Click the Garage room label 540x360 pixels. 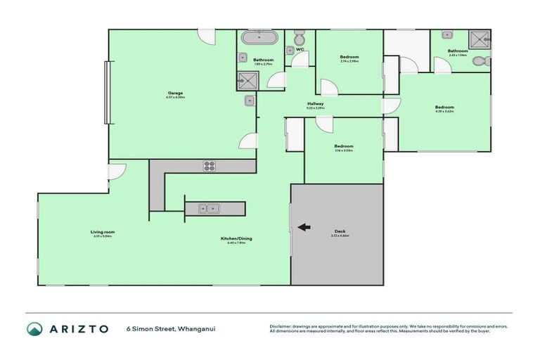point(175,94)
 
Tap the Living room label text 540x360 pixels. point(102,233)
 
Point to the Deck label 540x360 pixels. point(340,233)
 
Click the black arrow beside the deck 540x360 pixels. point(304,226)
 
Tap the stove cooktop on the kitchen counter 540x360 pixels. point(209,166)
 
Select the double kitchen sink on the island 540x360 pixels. point(209,208)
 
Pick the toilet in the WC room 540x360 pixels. point(299,37)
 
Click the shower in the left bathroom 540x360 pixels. point(248,82)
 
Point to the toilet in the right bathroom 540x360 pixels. point(481,62)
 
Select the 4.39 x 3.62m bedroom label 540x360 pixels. point(444,108)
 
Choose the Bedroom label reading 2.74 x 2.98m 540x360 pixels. point(349,58)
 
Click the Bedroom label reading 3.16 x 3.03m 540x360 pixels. point(343,148)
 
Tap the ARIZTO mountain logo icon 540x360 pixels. point(34,328)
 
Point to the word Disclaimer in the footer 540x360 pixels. point(282,326)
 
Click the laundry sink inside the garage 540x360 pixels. point(249,101)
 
